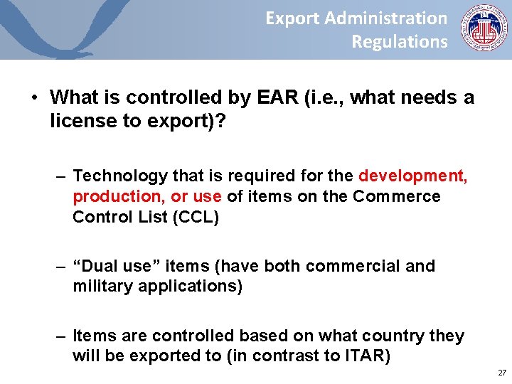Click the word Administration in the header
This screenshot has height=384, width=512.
click(386, 18)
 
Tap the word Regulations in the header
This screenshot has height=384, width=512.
click(400, 42)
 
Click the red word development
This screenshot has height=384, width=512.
click(413, 176)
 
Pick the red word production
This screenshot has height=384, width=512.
click(117, 196)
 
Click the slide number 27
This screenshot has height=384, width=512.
click(501, 373)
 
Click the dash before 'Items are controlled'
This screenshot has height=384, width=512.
click(63, 336)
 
